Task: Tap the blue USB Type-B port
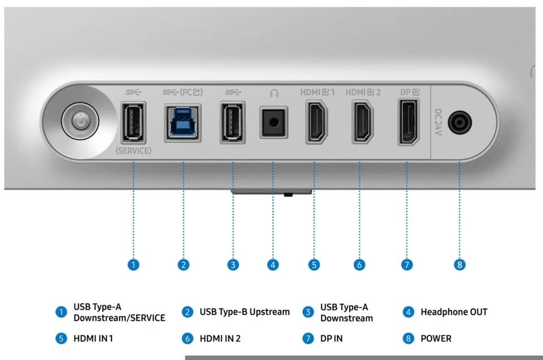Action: [183, 122]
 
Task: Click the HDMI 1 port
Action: [317, 122]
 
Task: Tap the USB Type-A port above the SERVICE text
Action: [133, 122]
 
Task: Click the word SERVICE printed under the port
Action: [133, 151]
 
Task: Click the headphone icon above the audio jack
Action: [274, 92]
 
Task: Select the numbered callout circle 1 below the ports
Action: [133, 264]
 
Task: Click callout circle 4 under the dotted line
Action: [274, 264]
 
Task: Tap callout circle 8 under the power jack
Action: [460, 264]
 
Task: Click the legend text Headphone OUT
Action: [454, 312]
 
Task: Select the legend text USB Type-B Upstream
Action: [244, 312]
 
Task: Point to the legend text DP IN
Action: [331, 339]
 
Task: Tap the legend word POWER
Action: [436, 339]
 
